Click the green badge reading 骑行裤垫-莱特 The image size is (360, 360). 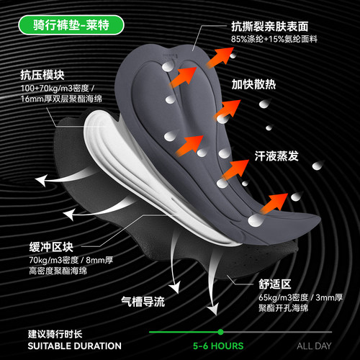(x=71, y=25)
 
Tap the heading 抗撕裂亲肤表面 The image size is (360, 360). (x=270, y=27)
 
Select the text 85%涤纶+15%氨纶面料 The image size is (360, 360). (x=274, y=39)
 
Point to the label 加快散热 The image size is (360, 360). (x=253, y=84)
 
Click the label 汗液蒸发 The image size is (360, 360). (x=276, y=156)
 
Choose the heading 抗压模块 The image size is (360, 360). (x=42, y=75)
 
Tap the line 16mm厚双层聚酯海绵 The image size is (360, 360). (x=61, y=99)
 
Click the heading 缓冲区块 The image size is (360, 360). (x=51, y=247)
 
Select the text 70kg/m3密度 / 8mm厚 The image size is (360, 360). (x=71, y=260)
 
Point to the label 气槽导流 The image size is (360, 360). (x=143, y=302)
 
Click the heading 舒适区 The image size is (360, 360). (x=275, y=284)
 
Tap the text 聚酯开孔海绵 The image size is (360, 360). (x=284, y=308)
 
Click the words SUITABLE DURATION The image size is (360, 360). (x=74, y=346)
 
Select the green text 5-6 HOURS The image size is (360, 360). (x=218, y=346)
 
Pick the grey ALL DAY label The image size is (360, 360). (x=314, y=346)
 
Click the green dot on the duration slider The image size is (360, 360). (x=220, y=332)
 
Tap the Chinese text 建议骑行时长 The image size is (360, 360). (x=55, y=334)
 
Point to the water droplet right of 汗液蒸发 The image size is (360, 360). (x=318, y=166)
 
